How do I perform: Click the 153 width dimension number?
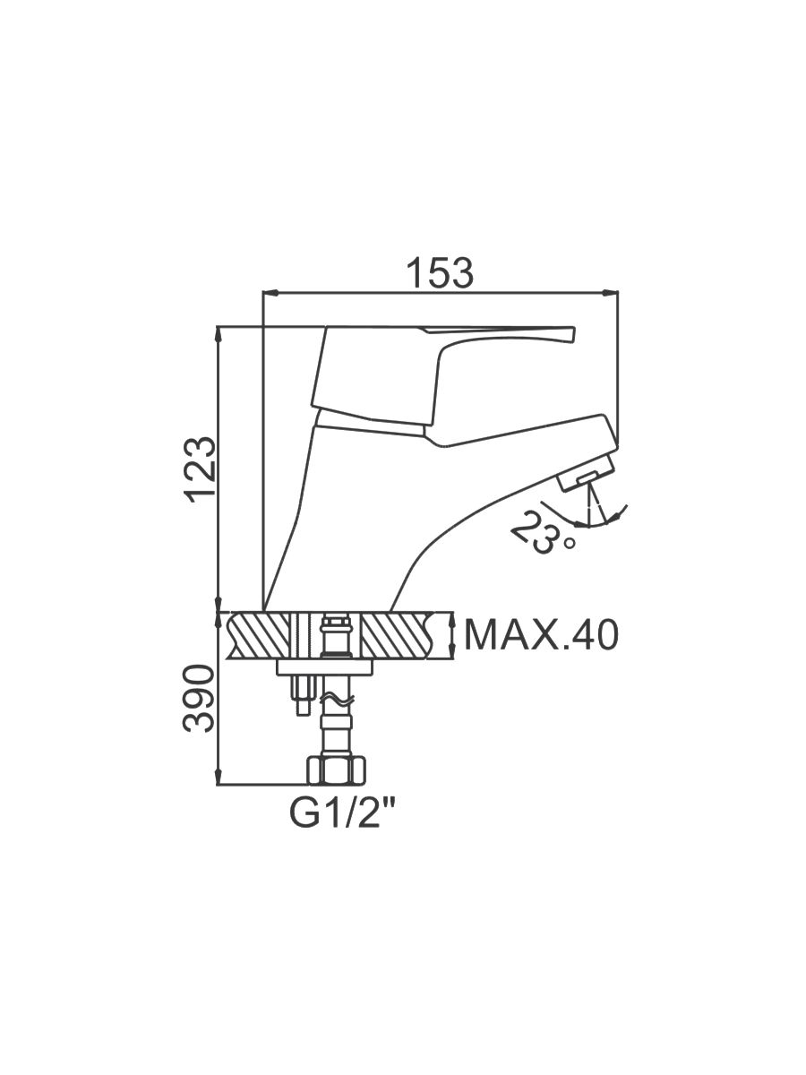441,272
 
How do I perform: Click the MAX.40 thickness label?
541,635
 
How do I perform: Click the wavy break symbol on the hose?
336,701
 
